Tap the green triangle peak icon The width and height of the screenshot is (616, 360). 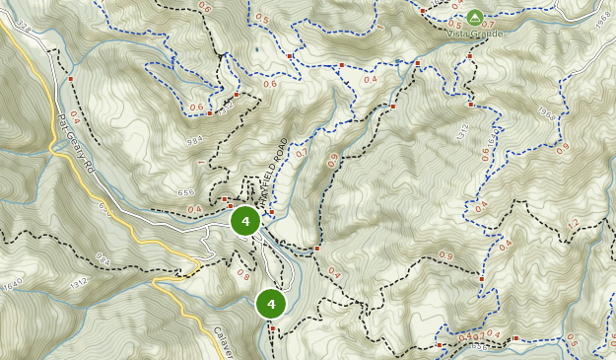coord(475,17)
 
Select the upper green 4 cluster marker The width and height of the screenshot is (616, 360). coord(244,221)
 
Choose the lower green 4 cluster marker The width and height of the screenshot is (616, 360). coord(270,303)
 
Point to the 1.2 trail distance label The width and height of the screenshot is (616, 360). coord(573,227)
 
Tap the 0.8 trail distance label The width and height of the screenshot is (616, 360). coord(242,275)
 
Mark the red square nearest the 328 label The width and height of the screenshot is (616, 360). coord(71,77)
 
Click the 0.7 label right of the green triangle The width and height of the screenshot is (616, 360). coord(488,25)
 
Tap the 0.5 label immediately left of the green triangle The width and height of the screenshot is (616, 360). coord(454,24)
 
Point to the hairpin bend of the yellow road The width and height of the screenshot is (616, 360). coord(196,266)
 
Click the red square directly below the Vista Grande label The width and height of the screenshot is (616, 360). coord(470,56)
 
